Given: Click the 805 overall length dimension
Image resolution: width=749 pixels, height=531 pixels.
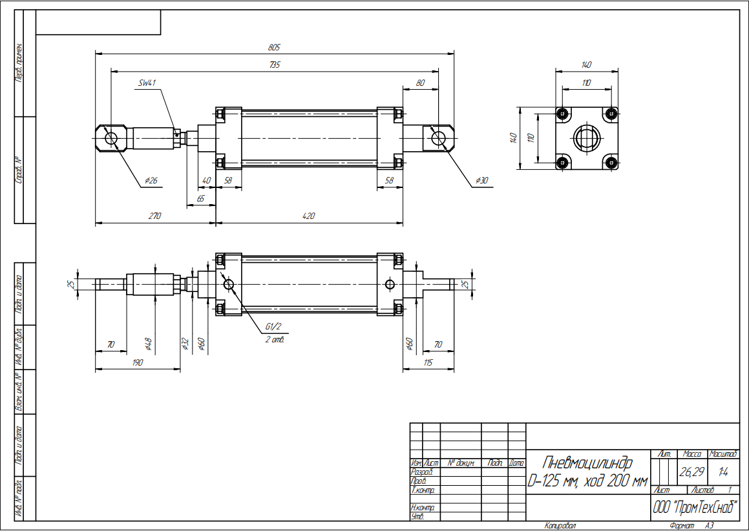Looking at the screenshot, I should coord(274,48).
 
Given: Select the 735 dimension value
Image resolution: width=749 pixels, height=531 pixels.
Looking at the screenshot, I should coord(274,65).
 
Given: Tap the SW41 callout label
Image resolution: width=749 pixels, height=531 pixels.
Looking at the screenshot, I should coord(148,83).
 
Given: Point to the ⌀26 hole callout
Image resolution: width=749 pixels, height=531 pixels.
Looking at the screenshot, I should coord(151,181).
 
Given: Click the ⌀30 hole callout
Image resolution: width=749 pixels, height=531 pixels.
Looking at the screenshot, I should coord(481,181).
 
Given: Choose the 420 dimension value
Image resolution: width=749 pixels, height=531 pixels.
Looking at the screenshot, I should coord(308,216).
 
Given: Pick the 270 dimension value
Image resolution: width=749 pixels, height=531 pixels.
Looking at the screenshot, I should coord(154,216).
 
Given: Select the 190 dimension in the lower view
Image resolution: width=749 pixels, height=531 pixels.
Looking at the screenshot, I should coord(137,362).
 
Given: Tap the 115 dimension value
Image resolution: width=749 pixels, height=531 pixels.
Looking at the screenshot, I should coord(428,362).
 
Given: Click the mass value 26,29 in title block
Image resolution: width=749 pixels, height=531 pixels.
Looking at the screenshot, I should coord(691,472).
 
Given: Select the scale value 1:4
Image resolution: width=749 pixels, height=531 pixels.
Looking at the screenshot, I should coord(724,472).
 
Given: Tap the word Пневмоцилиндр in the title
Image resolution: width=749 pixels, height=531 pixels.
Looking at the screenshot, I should coord(587,463).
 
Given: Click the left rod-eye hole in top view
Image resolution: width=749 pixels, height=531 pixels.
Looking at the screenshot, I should coord(111,138).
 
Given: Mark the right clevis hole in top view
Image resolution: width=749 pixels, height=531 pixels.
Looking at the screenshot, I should coord(439,138).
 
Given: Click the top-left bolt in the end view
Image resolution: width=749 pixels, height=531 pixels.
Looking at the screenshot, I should coord(564,114).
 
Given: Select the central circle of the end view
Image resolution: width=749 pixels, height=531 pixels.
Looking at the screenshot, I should coord(587,138).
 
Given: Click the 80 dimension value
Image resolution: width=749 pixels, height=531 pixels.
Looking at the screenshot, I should coord(421,82).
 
